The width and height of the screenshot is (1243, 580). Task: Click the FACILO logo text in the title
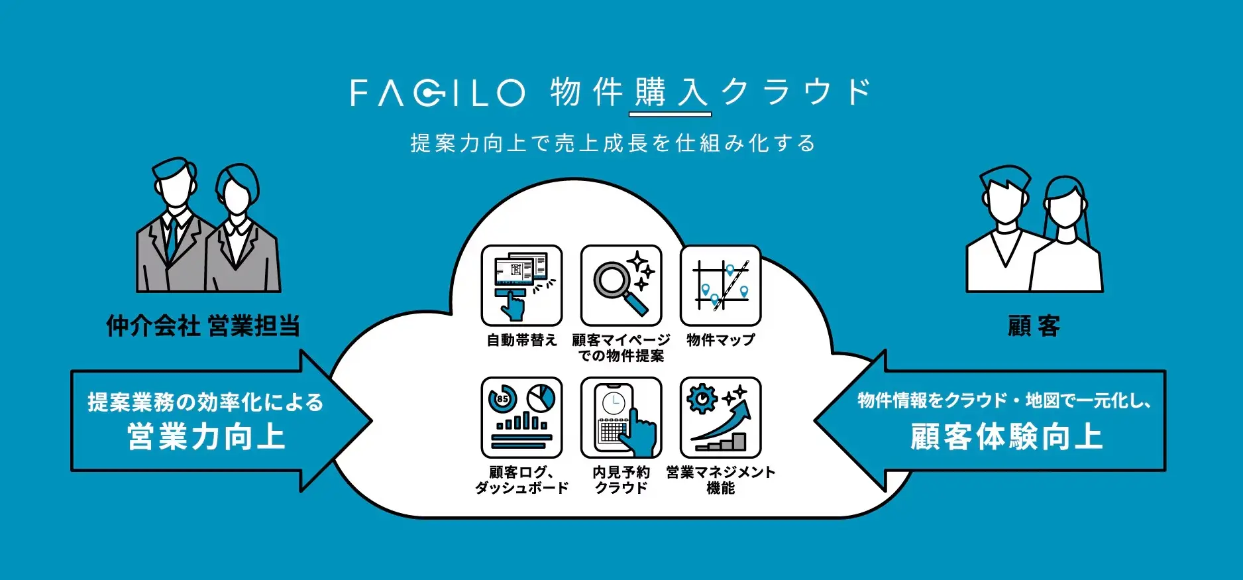(x=437, y=93)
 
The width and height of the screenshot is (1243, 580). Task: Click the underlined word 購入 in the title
(x=670, y=93)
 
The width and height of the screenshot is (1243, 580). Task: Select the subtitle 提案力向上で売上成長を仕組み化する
(x=613, y=143)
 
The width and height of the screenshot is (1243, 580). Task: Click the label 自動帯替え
(x=521, y=340)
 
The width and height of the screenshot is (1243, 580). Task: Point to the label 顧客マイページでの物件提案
(x=621, y=348)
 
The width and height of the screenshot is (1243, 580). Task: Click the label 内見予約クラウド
(x=621, y=480)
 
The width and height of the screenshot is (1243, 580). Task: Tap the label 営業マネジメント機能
(x=720, y=480)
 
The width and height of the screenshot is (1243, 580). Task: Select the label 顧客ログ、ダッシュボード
(x=521, y=480)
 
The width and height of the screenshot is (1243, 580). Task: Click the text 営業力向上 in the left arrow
(x=206, y=437)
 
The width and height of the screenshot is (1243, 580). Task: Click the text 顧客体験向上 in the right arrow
(x=1006, y=437)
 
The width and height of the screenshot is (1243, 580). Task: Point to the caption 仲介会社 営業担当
(x=203, y=326)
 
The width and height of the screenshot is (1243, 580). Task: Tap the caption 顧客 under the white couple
(x=1034, y=326)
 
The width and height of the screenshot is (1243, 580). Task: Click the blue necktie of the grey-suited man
(x=171, y=239)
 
